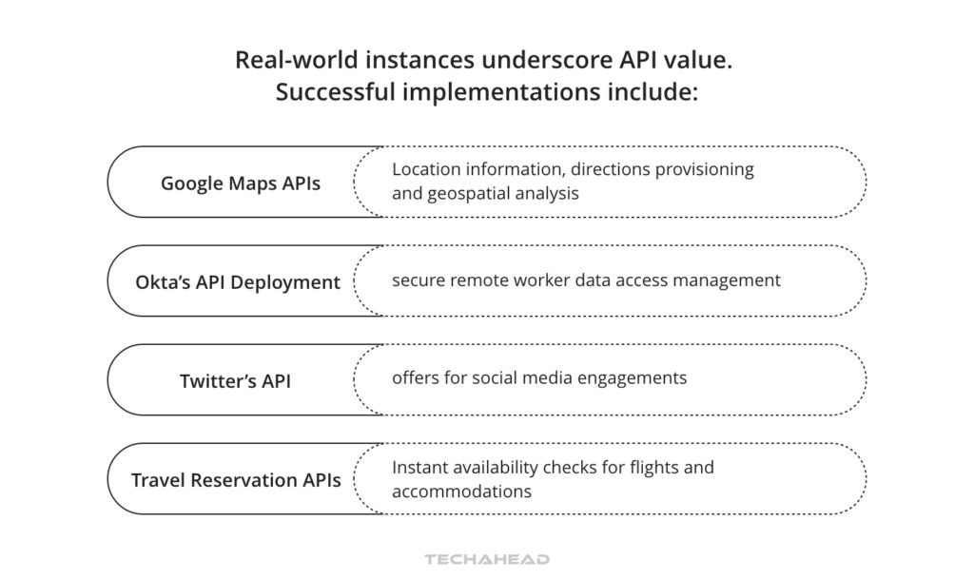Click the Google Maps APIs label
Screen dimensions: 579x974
241,183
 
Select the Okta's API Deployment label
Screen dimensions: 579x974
238,282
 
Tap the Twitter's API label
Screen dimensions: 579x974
235,381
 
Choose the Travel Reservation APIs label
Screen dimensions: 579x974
236,480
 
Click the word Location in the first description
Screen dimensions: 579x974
423,169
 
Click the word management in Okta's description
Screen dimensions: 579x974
734,280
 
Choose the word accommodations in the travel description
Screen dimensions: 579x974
461,492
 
